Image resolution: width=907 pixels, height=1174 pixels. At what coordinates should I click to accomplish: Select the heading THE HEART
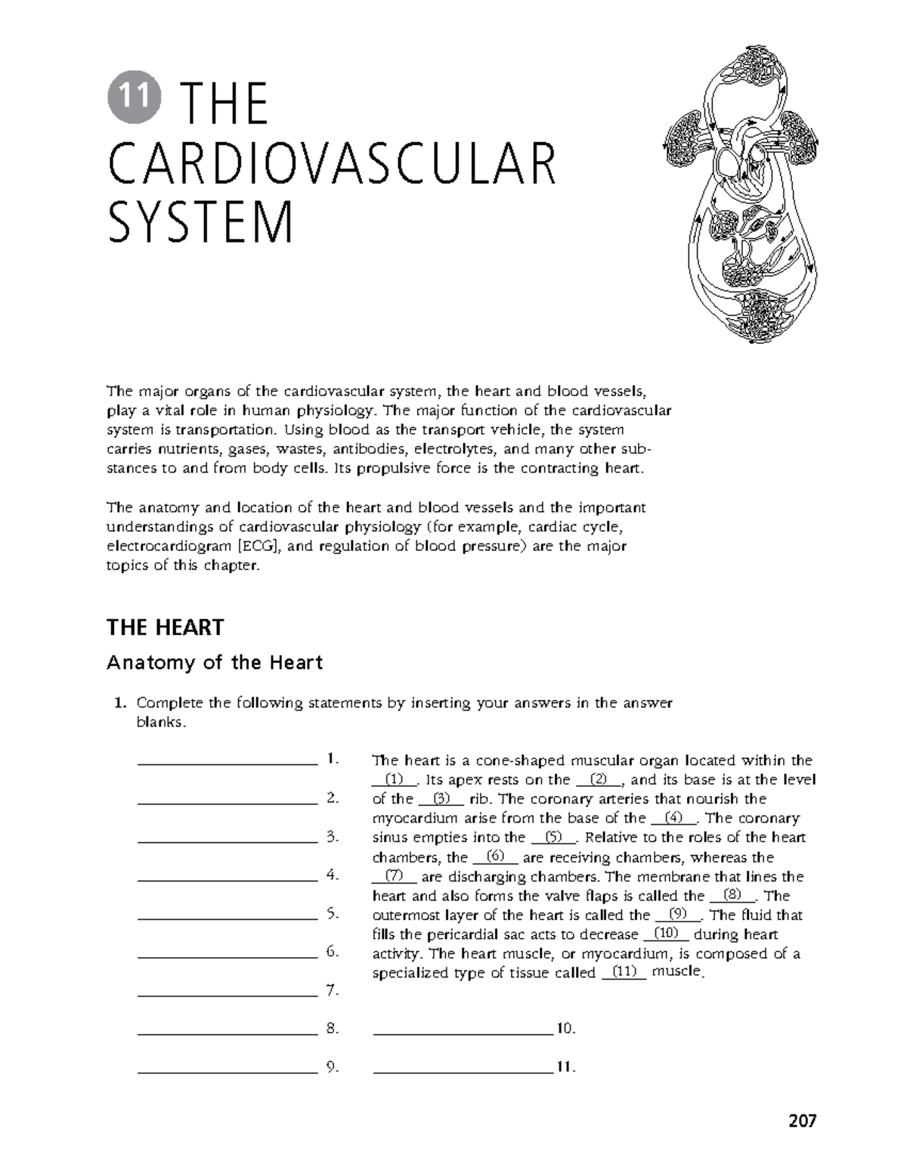click(x=166, y=627)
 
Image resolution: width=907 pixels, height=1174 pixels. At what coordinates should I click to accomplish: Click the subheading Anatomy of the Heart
click(x=215, y=663)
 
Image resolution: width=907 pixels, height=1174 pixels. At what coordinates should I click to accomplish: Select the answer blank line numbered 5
click(x=227, y=918)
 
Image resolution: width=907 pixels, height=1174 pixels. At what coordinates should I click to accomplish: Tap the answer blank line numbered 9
click(x=227, y=1071)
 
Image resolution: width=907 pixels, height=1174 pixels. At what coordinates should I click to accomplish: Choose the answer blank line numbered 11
click(x=463, y=1071)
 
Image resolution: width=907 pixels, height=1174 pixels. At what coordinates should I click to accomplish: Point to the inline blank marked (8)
click(x=732, y=896)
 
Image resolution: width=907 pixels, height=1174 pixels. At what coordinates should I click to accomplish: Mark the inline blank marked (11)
click(x=624, y=973)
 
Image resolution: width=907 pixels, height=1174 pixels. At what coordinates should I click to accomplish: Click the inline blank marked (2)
click(x=598, y=780)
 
